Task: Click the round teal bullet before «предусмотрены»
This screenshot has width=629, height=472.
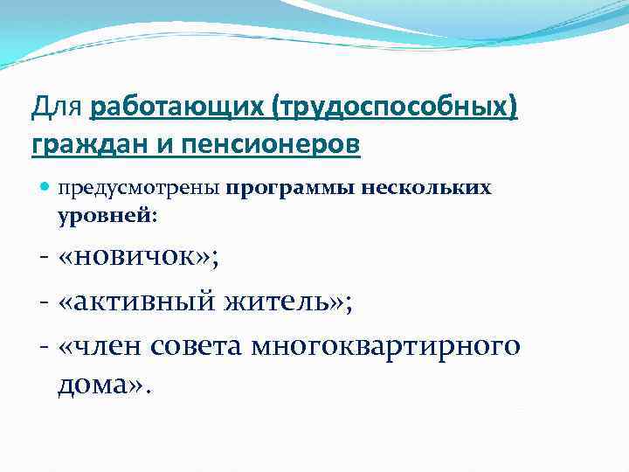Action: [45, 188]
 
